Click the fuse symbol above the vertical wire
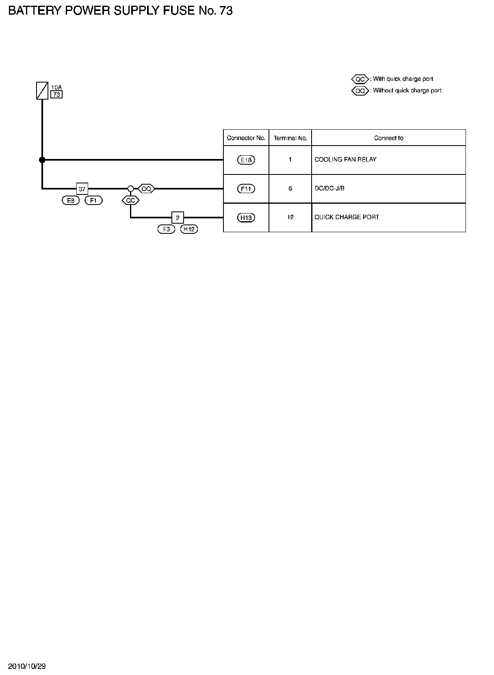tap(42, 90)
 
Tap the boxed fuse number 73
tap(56, 95)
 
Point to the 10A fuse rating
tap(56, 87)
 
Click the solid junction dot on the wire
tap(42, 160)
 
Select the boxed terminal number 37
tap(82, 189)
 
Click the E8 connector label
tap(71, 200)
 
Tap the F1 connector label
tap(93, 200)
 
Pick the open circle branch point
tap(130, 189)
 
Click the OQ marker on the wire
tap(146, 189)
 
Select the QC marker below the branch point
tap(130, 200)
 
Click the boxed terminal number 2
tap(178, 218)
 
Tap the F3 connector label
tap(166, 229)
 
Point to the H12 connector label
tap(189, 229)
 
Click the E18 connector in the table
tap(246, 160)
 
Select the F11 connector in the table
tap(246, 189)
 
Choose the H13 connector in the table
tap(246, 218)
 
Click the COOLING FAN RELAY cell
tap(345, 159)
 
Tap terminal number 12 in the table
tap(290, 217)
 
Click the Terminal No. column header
tap(290, 138)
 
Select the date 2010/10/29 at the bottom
tap(27, 666)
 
